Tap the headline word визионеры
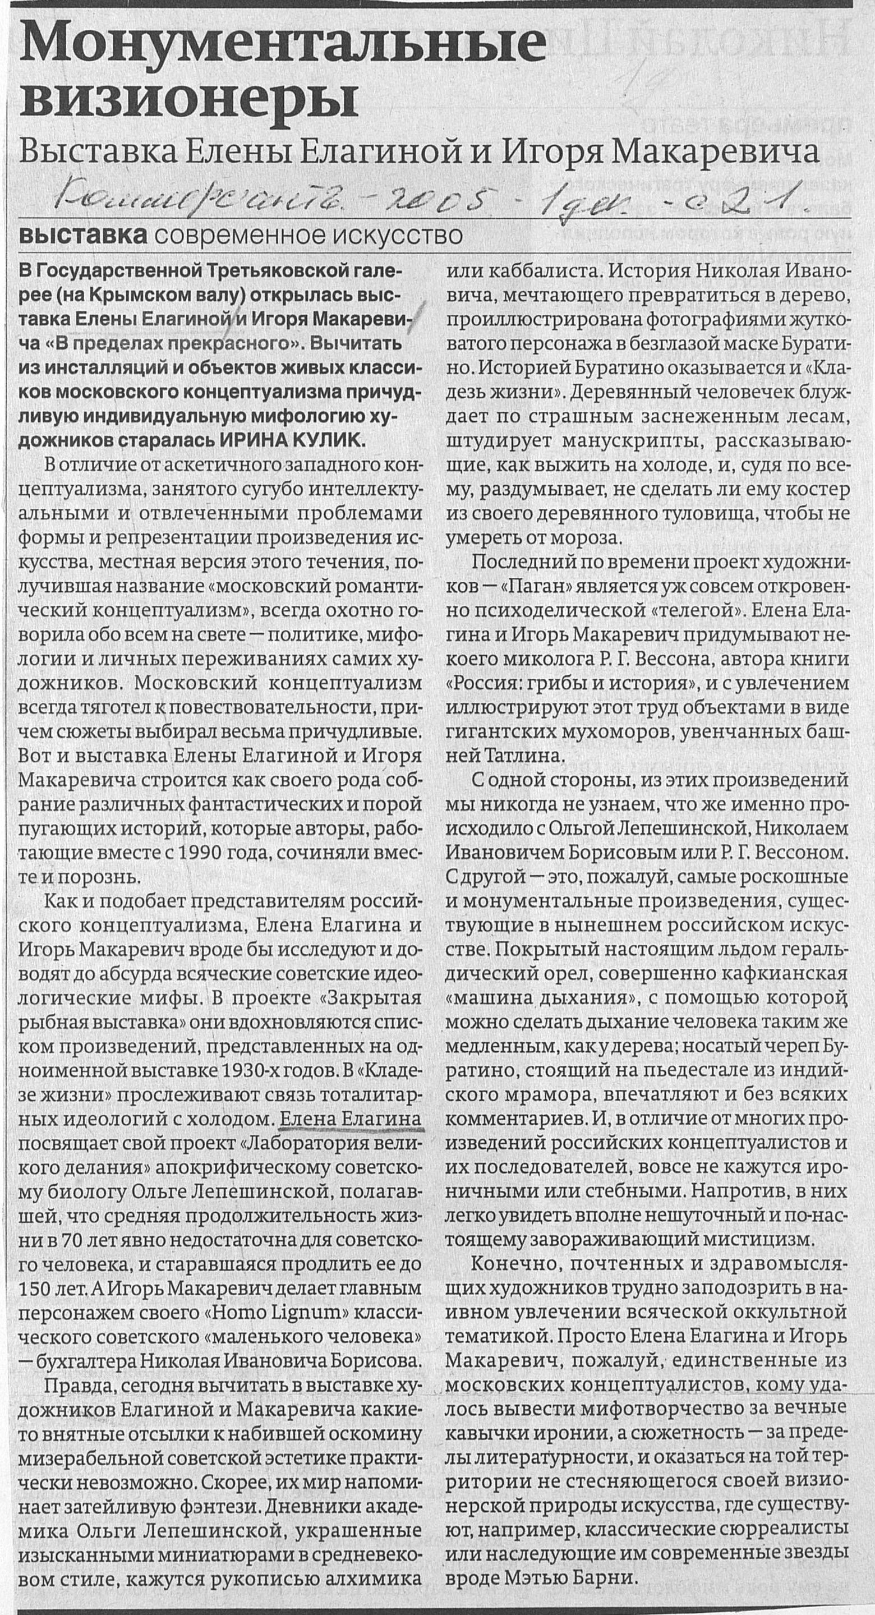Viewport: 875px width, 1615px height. [188, 100]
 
